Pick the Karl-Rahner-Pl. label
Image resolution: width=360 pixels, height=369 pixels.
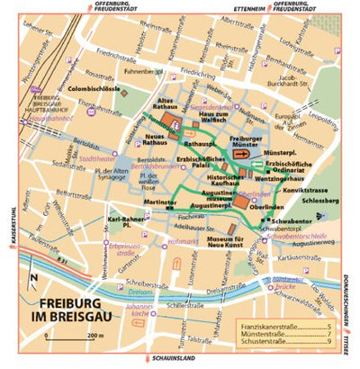click(x=125, y=221)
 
